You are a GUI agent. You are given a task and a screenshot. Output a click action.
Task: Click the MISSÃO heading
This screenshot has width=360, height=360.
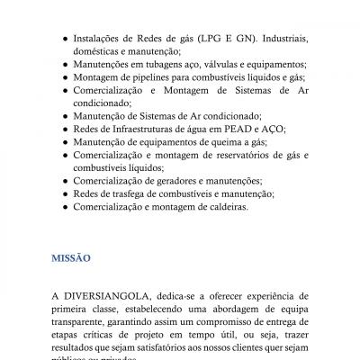coord(70,257)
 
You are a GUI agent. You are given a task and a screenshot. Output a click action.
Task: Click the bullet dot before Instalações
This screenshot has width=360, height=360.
coord(61,40)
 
